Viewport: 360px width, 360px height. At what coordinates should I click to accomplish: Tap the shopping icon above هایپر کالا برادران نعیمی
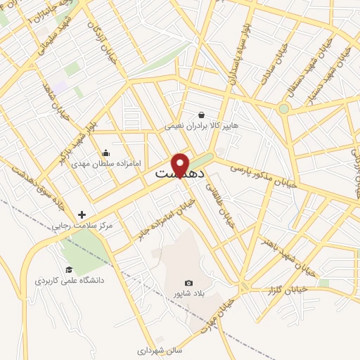(x=202, y=115)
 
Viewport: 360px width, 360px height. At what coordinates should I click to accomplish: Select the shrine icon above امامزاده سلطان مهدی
(x=105, y=152)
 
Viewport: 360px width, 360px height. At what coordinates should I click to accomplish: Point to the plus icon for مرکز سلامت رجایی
(x=82, y=214)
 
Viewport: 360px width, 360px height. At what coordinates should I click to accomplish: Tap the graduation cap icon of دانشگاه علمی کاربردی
(x=69, y=269)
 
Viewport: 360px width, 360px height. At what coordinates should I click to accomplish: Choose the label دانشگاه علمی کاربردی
(x=70, y=281)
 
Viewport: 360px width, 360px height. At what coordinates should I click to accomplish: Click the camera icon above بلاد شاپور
(x=188, y=282)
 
